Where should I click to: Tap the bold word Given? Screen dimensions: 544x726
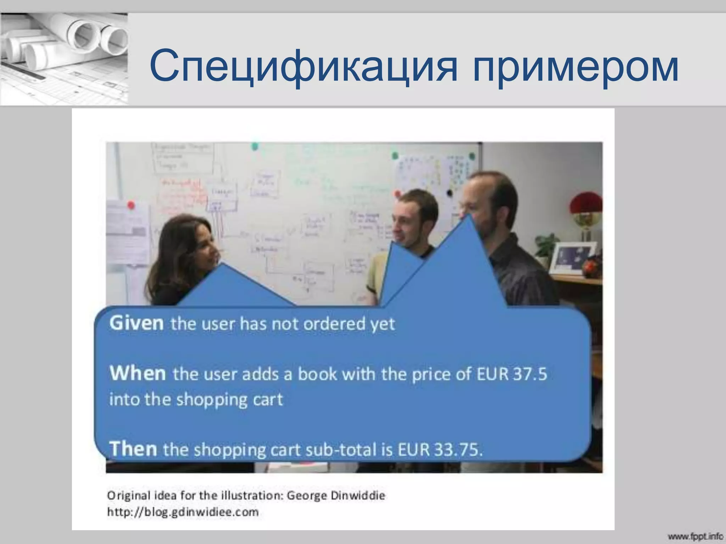tap(136, 323)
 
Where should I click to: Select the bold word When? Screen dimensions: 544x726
tap(138, 373)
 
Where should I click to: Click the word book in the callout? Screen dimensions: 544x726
tap(317, 374)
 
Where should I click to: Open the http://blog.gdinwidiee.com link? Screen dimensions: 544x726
tap(183, 512)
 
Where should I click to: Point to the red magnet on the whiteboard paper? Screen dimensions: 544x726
tap(131, 205)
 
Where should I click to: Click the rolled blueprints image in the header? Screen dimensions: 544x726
tap(64, 58)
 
